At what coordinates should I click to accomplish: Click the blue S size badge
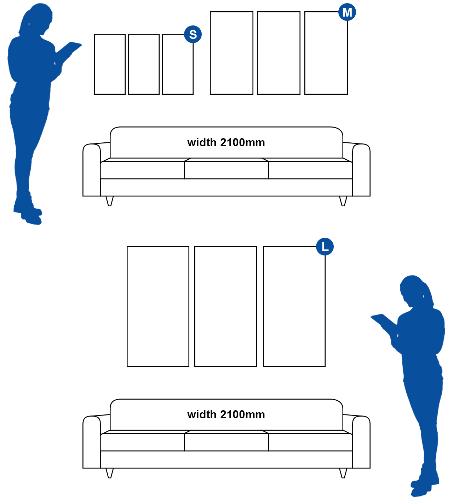(x=193, y=34)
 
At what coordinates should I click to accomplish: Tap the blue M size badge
(x=347, y=12)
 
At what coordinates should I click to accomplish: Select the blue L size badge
(x=325, y=247)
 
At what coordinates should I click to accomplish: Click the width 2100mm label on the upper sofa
(x=226, y=143)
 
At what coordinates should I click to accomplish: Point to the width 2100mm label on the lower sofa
(x=226, y=414)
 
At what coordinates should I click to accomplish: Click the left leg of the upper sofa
(x=109, y=201)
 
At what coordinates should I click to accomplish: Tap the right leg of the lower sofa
(x=343, y=473)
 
